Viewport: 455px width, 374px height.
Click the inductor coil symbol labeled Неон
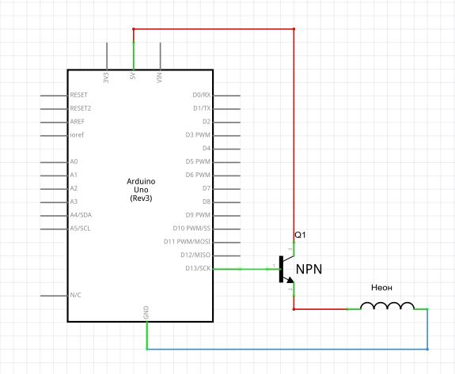pos(387,305)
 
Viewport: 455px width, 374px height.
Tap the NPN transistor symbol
pos(286,269)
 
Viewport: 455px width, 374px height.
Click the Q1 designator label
pos(300,235)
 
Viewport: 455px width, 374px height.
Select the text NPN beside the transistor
pos(309,270)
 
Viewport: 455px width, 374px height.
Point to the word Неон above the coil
pos(381,288)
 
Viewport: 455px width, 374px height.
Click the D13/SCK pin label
pos(198,268)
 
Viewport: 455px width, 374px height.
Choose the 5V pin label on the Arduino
pos(133,76)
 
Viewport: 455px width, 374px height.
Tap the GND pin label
pos(146,312)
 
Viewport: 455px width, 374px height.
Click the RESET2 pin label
pos(81,108)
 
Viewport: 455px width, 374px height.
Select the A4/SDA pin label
pos(81,215)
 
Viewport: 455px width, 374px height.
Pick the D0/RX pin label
pos(201,95)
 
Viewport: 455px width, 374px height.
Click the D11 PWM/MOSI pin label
pos(187,241)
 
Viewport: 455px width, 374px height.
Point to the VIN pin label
pos(159,77)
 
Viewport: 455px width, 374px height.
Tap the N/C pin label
pos(75,295)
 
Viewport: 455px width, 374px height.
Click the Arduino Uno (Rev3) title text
pos(141,190)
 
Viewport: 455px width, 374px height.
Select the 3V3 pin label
pos(106,77)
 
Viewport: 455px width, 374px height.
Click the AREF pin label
pos(78,122)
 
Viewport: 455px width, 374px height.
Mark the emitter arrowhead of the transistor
pos(290,280)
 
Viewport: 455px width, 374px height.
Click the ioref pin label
pos(77,134)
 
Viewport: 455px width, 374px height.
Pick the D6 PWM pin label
pos(198,175)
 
